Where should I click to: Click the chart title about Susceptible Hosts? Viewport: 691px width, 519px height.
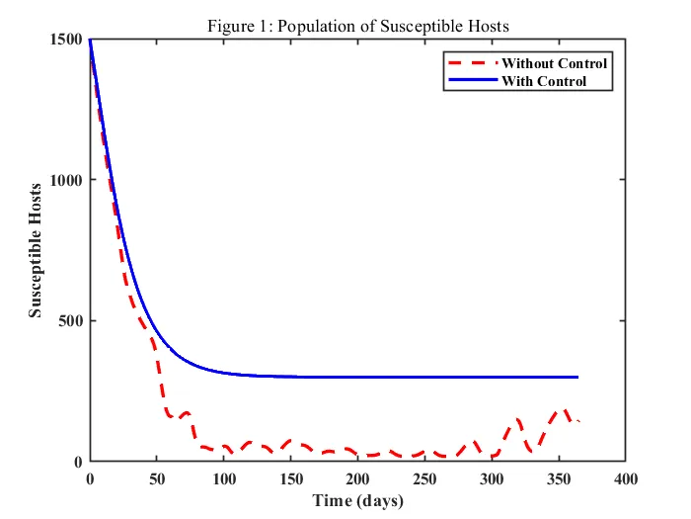click(358, 26)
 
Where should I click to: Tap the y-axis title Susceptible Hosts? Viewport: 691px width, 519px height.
click(36, 250)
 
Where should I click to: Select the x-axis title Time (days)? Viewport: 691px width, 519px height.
click(358, 501)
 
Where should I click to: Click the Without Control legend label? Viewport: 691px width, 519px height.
click(554, 63)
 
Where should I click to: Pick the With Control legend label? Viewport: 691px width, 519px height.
click(544, 80)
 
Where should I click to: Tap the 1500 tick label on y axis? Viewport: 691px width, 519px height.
click(66, 39)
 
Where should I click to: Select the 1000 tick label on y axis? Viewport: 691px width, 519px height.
click(66, 180)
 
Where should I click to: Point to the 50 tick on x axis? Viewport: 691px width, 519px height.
click(157, 479)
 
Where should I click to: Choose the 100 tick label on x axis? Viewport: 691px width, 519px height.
click(224, 479)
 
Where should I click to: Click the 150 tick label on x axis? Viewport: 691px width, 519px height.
click(291, 479)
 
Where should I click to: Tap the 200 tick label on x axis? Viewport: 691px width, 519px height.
click(358, 479)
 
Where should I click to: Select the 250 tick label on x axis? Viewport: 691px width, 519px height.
click(425, 479)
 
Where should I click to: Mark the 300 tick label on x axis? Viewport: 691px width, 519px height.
click(493, 479)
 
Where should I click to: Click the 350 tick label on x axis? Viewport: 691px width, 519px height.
click(560, 479)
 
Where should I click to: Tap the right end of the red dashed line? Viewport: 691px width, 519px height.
click(578, 422)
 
